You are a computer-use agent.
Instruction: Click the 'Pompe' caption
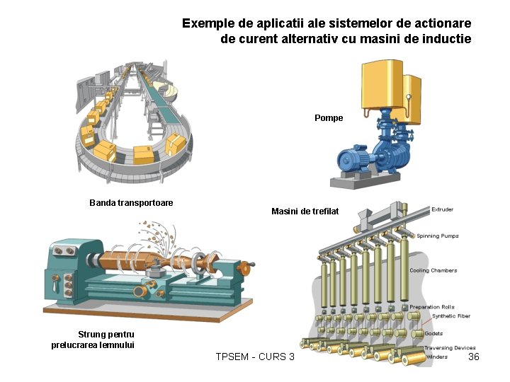pyautogui.click(x=329, y=118)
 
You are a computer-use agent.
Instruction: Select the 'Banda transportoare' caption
pyautogui.click(x=131, y=203)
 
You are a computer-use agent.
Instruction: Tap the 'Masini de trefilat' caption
pyautogui.click(x=305, y=212)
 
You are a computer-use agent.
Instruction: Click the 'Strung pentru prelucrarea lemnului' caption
pyautogui.click(x=93, y=340)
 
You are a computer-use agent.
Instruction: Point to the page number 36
pyautogui.click(x=474, y=357)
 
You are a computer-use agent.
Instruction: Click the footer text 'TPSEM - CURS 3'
pyautogui.click(x=255, y=357)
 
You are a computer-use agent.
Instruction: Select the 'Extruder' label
pyautogui.click(x=443, y=209)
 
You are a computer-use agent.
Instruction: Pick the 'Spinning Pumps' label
pyautogui.click(x=437, y=236)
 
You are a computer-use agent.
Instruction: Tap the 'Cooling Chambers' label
pyautogui.click(x=433, y=270)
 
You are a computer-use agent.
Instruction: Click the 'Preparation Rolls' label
pyautogui.click(x=431, y=307)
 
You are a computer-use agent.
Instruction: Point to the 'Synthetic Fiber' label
pyautogui.click(x=450, y=316)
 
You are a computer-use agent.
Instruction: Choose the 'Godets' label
pyautogui.click(x=433, y=333)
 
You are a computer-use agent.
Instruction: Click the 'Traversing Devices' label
pyautogui.click(x=450, y=348)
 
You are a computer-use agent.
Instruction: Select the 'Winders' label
pyautogui.click(x=436, y=357)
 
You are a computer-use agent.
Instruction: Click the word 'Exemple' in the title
pyautogui.click(x=206, y=23)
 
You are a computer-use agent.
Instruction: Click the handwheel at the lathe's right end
pyautogui.click(x=245, y=268)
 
